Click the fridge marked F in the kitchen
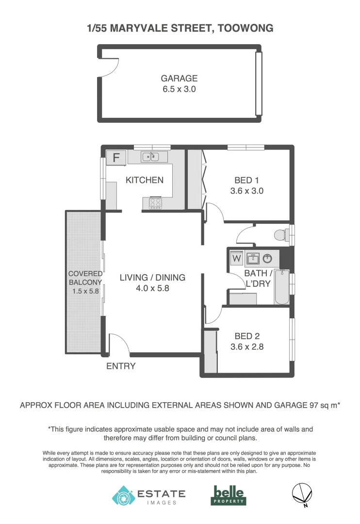116,158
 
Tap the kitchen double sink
151,157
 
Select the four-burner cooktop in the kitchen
155,202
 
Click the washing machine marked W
236,258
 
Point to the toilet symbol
281,235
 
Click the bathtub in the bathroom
281,287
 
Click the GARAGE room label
179,78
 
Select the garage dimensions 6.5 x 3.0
179,89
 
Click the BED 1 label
246,180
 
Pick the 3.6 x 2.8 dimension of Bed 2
246,347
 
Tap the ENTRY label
121,366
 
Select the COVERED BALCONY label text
85,278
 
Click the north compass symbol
301,494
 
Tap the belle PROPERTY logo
229,495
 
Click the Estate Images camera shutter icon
122,495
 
